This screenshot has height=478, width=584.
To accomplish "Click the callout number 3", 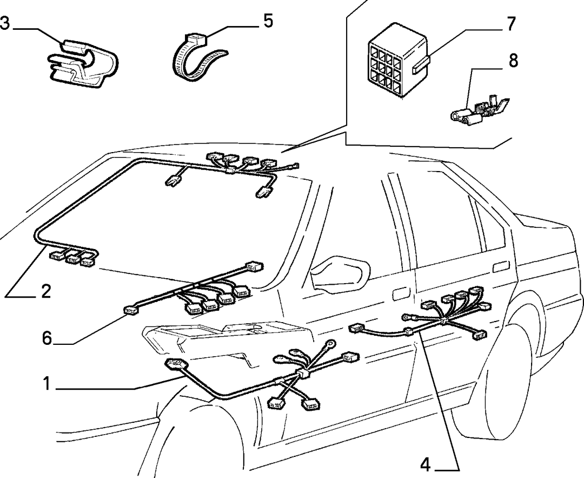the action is (5, 23).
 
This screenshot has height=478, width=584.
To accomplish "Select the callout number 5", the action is (268, 21).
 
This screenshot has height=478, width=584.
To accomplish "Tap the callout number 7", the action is (510, 24).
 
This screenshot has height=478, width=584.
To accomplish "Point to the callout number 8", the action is (513, 61).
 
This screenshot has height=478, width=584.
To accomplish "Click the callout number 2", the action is (46, 291).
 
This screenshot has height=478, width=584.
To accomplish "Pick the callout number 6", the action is (47, 338).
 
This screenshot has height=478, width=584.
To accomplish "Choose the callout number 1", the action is (47, 384).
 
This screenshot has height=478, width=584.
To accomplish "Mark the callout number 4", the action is (426, 465).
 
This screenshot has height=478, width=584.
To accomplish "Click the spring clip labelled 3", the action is (83, 62).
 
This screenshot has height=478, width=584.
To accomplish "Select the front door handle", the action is (400, 294).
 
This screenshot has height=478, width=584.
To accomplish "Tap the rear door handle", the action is (501, 267).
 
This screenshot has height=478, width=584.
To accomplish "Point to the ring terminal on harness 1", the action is (330, 343).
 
